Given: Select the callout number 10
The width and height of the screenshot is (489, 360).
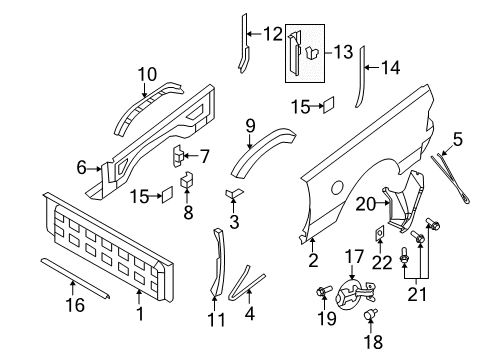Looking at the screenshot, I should coord(148,73).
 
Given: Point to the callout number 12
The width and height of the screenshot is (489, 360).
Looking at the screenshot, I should coord(272,34).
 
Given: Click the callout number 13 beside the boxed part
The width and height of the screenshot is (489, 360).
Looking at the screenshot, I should coord(342,50).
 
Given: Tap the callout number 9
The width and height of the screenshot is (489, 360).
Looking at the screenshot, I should coord(251,126).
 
